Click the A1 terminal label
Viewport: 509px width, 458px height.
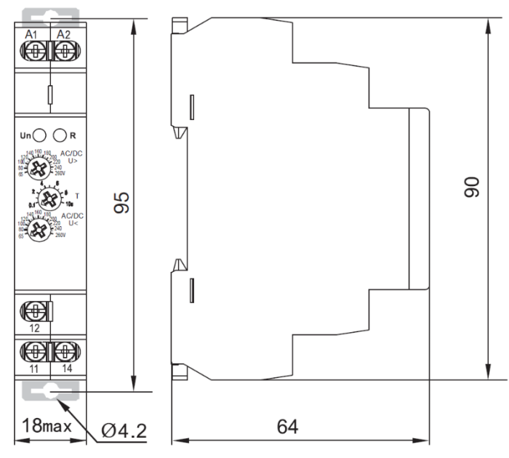point(31,35)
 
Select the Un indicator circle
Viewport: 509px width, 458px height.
point(40,134)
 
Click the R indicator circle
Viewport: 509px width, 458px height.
point(60,134)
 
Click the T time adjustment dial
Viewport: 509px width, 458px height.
point(49,197)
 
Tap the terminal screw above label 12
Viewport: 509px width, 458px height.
point(33,310)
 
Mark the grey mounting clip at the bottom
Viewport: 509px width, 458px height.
point(50,392)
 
